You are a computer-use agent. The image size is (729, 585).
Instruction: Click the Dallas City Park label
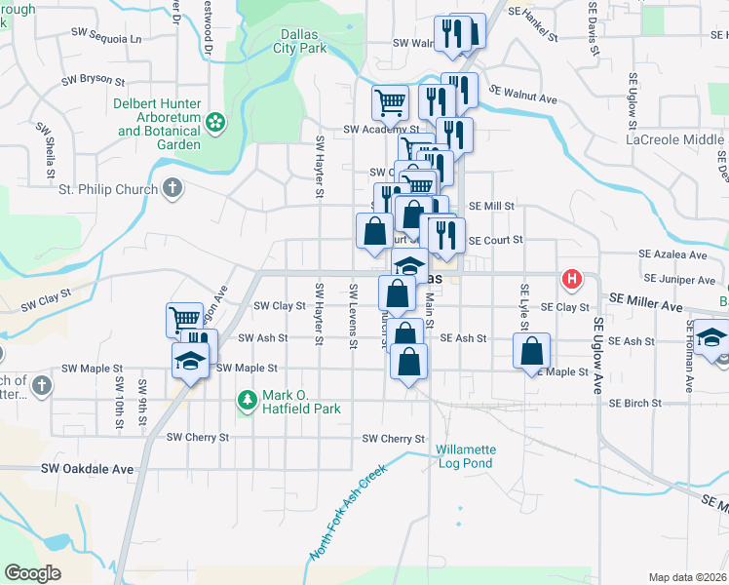pyautogui.click(x=297, y=39)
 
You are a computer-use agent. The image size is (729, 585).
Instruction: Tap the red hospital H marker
pyautogui.click(x=572, y=280)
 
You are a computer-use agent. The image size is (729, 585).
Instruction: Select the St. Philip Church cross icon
pyautogui.click(x=173, y=187)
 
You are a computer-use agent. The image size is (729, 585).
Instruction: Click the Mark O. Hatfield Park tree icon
pyautogui.click(x=247, y=400)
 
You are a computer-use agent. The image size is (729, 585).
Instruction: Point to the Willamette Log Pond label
pyautogui.click(x=466, y=456)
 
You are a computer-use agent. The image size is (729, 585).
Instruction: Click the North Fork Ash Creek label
pyautogui.click(x=348, y=512)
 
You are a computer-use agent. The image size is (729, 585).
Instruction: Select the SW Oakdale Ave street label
pyautogui.click(x=87, y=469)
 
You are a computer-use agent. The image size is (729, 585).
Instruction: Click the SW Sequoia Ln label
pyautogui.click(x=106, y=38)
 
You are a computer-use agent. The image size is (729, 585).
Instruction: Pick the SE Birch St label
pyautogui.click(x=634, y=403)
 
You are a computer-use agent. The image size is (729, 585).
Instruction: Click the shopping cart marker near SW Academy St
pyautogui.click(x=390, y=100)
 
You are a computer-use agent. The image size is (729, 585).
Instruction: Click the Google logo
pyautogui.click(x=33, y=573)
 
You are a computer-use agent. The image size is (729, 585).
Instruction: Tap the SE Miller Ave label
pyautogui.click(x=647, y=305)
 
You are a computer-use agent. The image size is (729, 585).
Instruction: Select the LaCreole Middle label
pyautogui.click(x=674, y=139)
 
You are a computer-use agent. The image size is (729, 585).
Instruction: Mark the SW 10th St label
pyautogui.click(x=119, y=404)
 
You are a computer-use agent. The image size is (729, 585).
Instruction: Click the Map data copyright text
pyautogui.click(x=686, y=577)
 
